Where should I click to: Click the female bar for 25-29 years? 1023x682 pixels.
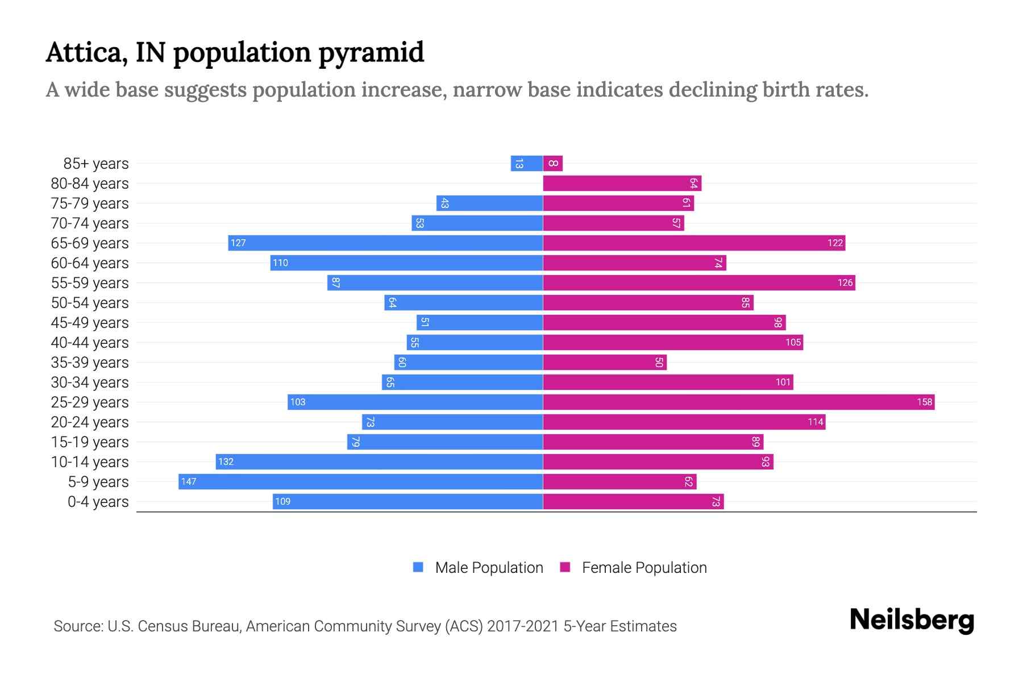point(739,402)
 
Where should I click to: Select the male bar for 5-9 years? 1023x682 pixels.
point(360,481)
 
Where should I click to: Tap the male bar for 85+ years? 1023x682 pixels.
point(527,164)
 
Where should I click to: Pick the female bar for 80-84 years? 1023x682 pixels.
point(622,184)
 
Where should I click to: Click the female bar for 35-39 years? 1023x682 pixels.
point(605,362)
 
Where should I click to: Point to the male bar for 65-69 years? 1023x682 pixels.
point(385,243)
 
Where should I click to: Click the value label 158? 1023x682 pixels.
point(924,402)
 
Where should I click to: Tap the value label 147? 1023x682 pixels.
point(189,481)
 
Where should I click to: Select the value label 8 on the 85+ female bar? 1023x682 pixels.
point(553,164)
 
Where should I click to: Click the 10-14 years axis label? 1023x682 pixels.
point(90,461)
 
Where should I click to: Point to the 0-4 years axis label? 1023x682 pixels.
point(98,501)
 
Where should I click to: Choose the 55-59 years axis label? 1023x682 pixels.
point(90,282)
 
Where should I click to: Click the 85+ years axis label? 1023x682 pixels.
point(96,164)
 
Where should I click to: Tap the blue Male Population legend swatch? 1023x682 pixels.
point(418,567)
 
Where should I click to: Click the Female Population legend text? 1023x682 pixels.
point(644,567)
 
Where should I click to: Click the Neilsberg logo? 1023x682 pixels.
point(912,620)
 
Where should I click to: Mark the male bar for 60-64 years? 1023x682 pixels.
point(406,263)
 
